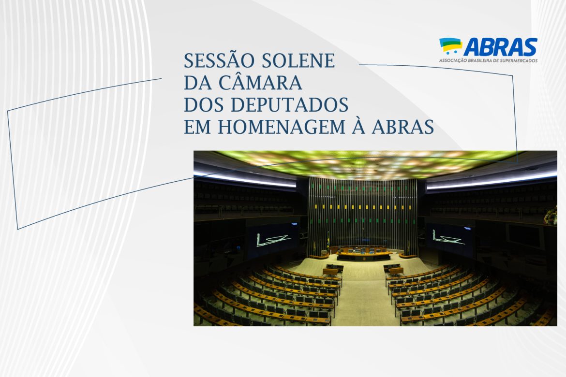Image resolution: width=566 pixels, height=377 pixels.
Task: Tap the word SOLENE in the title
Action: coord(298,60)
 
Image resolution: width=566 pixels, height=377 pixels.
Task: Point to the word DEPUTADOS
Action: coord(289,104)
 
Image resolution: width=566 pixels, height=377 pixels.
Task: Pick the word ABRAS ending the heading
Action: coord(403,127)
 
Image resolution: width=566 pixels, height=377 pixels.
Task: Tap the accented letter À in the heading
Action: coord(359,125)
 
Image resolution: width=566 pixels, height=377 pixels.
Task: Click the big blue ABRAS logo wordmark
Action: coord(500,47)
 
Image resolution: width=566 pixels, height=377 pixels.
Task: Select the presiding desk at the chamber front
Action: coord(364,253)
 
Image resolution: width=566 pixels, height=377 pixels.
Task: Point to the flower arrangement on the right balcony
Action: coord(551,216)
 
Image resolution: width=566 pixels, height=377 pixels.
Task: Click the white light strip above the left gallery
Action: coord(245,179)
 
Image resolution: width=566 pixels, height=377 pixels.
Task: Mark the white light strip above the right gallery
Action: coord(492,180)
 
